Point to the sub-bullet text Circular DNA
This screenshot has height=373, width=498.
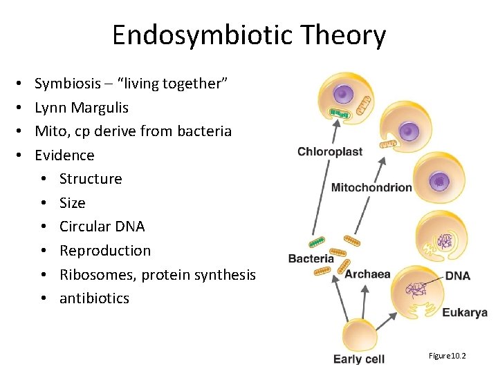(x=102, y=227)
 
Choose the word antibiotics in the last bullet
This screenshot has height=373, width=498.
(x=94, y=298)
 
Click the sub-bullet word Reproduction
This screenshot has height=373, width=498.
(x=104, y=251)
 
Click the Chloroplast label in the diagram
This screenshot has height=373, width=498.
(x=329, y=152)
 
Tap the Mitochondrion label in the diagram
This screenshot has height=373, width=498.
(x=371, y=187)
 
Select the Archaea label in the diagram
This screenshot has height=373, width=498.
(x=367, y=274)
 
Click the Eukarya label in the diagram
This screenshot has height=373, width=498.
(x=465, y=312)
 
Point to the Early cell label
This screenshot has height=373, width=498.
(x=358, y=358)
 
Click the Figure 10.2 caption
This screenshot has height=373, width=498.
(x=447, y=355)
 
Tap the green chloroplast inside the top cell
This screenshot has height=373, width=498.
(x=340, y=112)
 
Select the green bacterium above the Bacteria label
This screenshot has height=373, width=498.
(x=316, y=242)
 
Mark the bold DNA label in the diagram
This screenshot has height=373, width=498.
(x=457, y=276)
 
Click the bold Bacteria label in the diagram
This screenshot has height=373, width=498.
(x=311, y=258)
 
